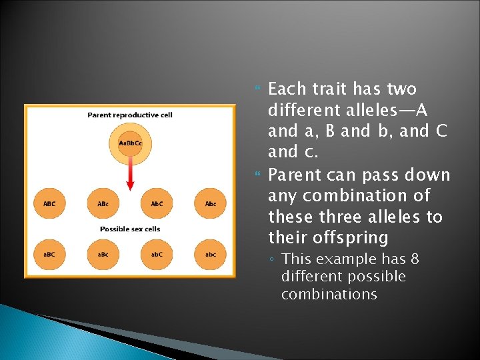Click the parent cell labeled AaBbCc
130,143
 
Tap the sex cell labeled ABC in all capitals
49,204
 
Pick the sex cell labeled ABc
103,204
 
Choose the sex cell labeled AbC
157,204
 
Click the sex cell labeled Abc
211,204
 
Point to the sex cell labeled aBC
49,254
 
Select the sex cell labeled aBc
103,254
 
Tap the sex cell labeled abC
157,254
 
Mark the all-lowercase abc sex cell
211,254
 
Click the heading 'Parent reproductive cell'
130,115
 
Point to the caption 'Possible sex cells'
130,229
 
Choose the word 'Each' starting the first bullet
287,89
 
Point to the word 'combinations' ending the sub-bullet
329,295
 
